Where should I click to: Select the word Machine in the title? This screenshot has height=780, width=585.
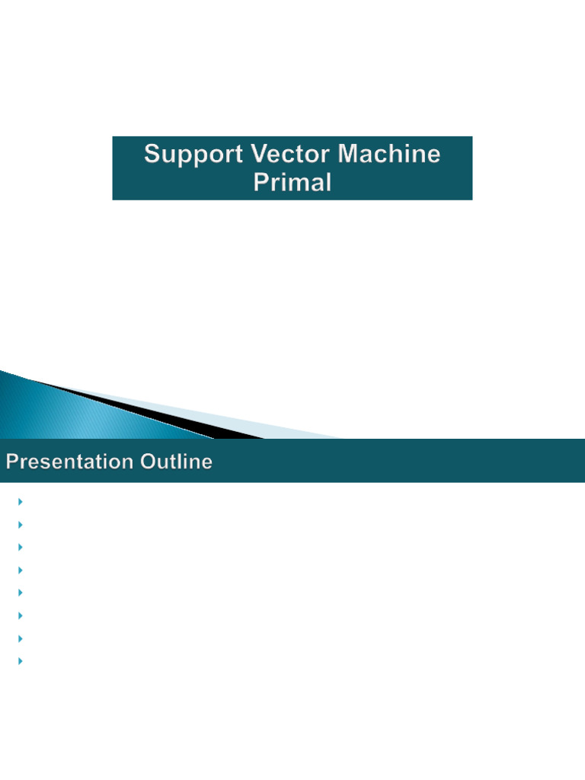tap(390, 155)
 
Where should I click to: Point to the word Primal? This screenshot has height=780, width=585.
tap(292, 183)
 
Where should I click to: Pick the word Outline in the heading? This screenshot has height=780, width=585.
tap(176, 462)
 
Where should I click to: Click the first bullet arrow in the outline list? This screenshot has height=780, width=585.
tap(20, 501)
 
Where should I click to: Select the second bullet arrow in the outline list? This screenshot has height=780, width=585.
tap(20, 524)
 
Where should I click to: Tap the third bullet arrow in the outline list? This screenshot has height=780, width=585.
tap(20, 547)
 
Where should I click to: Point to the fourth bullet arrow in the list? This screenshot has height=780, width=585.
tap(20, 570)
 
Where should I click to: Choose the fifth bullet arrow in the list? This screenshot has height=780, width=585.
tap(20, 592)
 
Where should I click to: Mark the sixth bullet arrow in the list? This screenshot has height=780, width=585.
tap(20, 615)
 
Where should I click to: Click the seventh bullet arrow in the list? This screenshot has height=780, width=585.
tap(20, 638)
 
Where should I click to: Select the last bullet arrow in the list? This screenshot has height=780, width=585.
tap(20, 660)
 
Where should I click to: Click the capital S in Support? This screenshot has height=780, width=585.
tap(152, 155)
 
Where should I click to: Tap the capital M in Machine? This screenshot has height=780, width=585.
tap(350, 155)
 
